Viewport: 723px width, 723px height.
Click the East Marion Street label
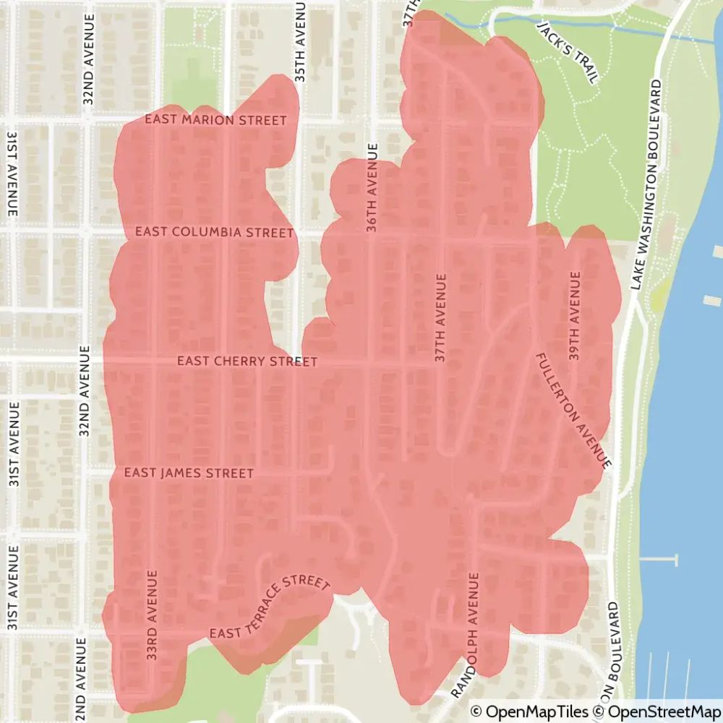point(215,120)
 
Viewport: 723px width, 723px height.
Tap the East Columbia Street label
point(215,232)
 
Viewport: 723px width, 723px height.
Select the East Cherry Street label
point(247,361)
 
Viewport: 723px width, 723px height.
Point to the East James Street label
point(189,473)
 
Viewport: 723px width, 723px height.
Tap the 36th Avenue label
point(372,187)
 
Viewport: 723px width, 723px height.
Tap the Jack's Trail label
point(568,51)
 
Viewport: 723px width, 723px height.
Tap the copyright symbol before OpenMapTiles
point(476,712)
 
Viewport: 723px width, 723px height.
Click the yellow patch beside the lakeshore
point(658,296)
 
